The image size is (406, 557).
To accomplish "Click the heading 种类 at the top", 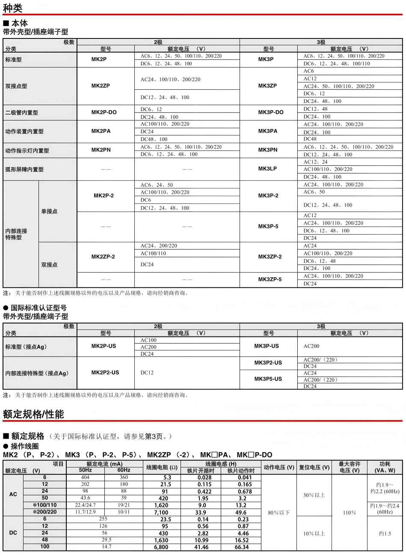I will click(x=12, y=7).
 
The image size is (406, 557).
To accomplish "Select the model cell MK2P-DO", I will click(x=104, y=112).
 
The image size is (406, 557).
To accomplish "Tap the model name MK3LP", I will click(x=267, y=169).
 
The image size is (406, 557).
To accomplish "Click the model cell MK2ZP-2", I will click(x=103, y=257).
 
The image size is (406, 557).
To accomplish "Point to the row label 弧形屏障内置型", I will click(x=24, y=170).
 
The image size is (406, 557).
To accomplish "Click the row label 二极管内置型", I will click(x=21, y=113).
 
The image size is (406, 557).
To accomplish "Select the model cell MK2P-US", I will click(x=104, y=346).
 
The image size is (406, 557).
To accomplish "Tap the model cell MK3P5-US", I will click(x=268, y=379).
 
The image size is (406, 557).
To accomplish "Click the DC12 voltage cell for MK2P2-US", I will click(x=147, y=373).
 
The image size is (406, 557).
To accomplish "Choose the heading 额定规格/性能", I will click(x=33, y=414).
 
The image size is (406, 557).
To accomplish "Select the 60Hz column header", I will click(x=124, y=470).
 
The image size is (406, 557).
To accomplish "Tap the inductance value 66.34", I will click(x=241, y=547).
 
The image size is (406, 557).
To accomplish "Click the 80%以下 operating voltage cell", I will click(x=279, y=513).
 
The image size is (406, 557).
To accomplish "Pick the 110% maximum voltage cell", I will click(x=349, y=513).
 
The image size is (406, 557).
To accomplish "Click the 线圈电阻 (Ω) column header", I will click(x=162, y=467).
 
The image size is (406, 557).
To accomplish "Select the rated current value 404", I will click(x=85, y=477).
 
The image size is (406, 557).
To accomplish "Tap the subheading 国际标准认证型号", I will click(x=39, y=308).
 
